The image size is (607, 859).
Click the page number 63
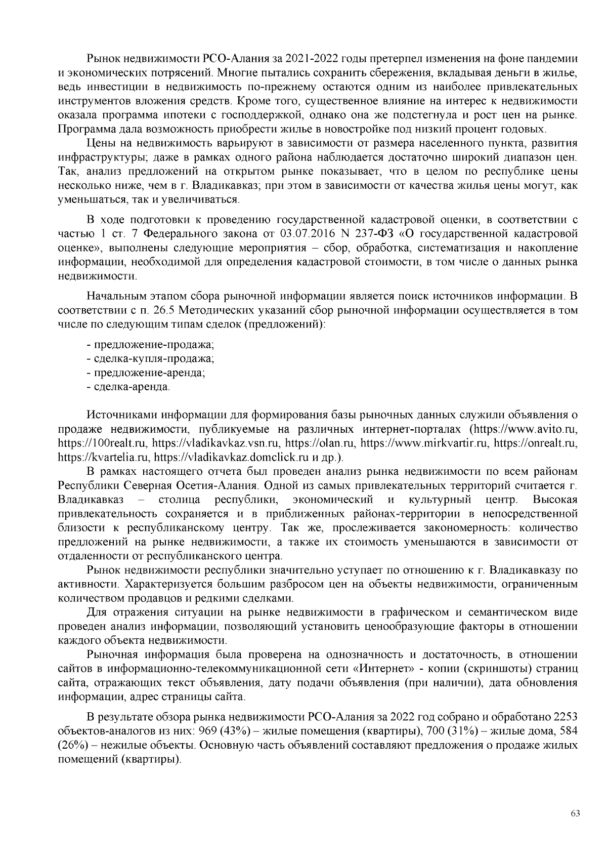[575, 814]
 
